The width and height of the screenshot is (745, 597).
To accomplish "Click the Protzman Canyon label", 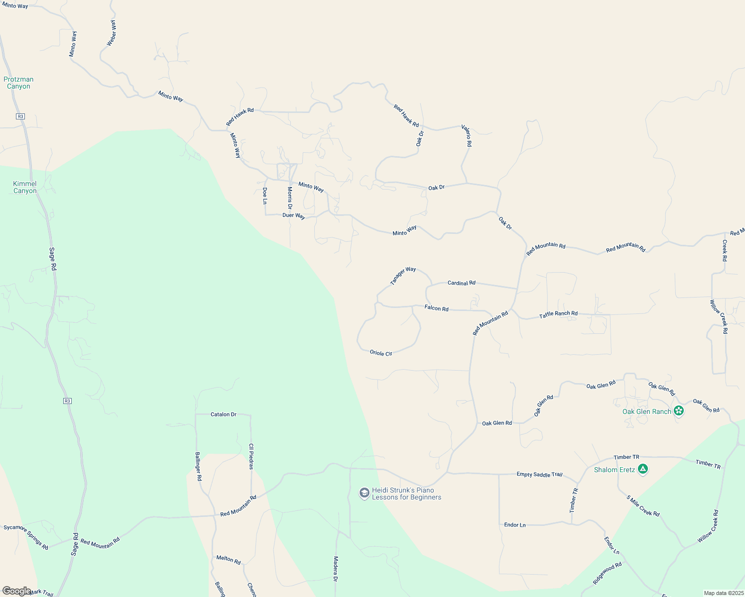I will tap(18, 83).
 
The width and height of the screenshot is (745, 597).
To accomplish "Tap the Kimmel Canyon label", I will tap(25, 187).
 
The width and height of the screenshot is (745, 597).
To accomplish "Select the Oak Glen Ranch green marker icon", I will tap(678, 411).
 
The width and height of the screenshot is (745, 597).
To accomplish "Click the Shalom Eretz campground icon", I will tap(643, 469).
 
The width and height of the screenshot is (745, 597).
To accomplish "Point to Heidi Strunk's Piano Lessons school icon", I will tap(365, 493).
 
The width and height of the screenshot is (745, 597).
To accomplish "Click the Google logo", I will tap(16, 591).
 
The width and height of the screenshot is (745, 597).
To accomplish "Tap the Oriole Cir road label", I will tap(381, 353).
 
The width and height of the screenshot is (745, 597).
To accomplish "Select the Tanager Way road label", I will tap(403, 276).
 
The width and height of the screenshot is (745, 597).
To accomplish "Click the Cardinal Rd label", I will tap(461, 283).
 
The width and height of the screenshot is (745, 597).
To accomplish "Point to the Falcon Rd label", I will tap(436, 308).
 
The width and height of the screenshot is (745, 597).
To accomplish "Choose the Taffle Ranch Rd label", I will tap(558, 314).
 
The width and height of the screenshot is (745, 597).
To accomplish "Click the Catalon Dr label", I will tap(223, 414).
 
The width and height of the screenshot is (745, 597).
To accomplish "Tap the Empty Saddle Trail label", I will tap(539, 474).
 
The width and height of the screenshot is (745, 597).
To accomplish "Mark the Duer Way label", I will tap(293, 215).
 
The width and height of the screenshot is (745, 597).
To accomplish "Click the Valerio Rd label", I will tap(466, 135).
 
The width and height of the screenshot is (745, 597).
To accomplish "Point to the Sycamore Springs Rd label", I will tap(26, 537).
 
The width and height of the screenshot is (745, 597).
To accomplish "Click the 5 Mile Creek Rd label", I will tap(643, 506).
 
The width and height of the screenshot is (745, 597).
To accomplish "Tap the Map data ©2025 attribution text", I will tap(723, 593).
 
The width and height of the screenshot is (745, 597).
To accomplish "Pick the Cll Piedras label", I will tap(251, 456).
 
